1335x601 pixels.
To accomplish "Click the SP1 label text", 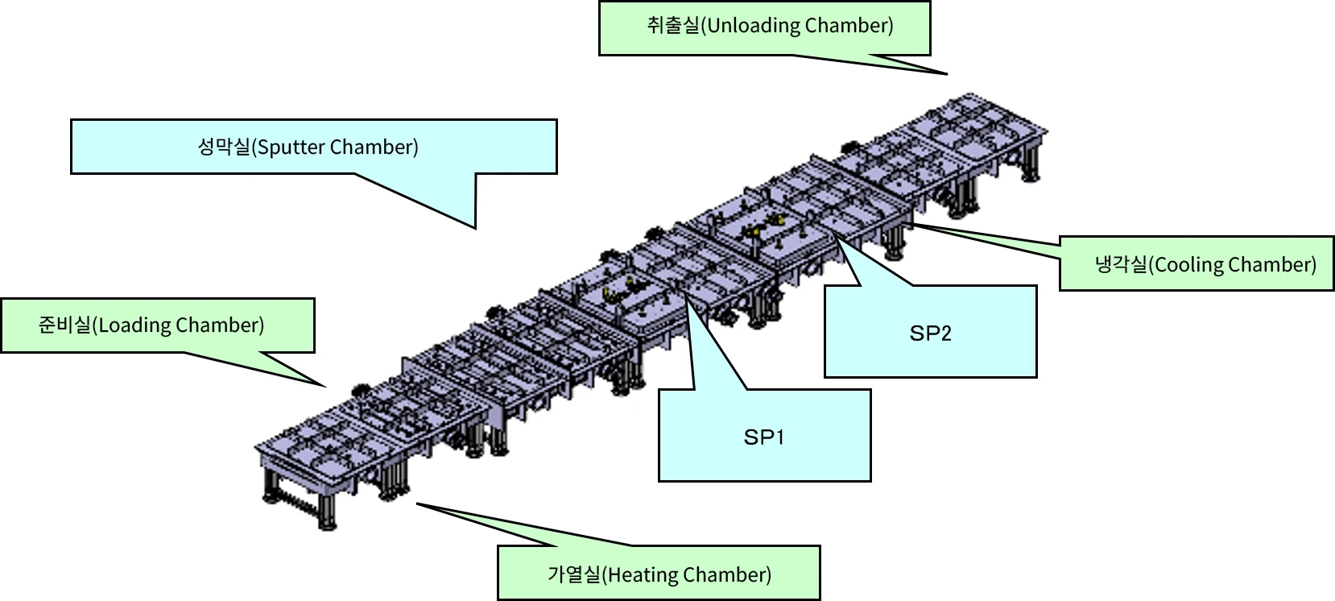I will pos(763,437).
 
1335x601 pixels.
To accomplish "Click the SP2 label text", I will pos(930,333).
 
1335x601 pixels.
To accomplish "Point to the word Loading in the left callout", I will pos(134,325).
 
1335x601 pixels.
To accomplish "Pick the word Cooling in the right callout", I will pos(1186,265).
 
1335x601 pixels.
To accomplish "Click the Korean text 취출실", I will pos(673,26).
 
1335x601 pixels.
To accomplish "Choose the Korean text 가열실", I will pos(573,575).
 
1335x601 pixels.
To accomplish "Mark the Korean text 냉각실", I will pos(1121,265).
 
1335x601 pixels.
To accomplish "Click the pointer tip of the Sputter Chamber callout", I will pos(474,228).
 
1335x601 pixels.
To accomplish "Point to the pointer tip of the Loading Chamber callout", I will pos(326,388).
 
